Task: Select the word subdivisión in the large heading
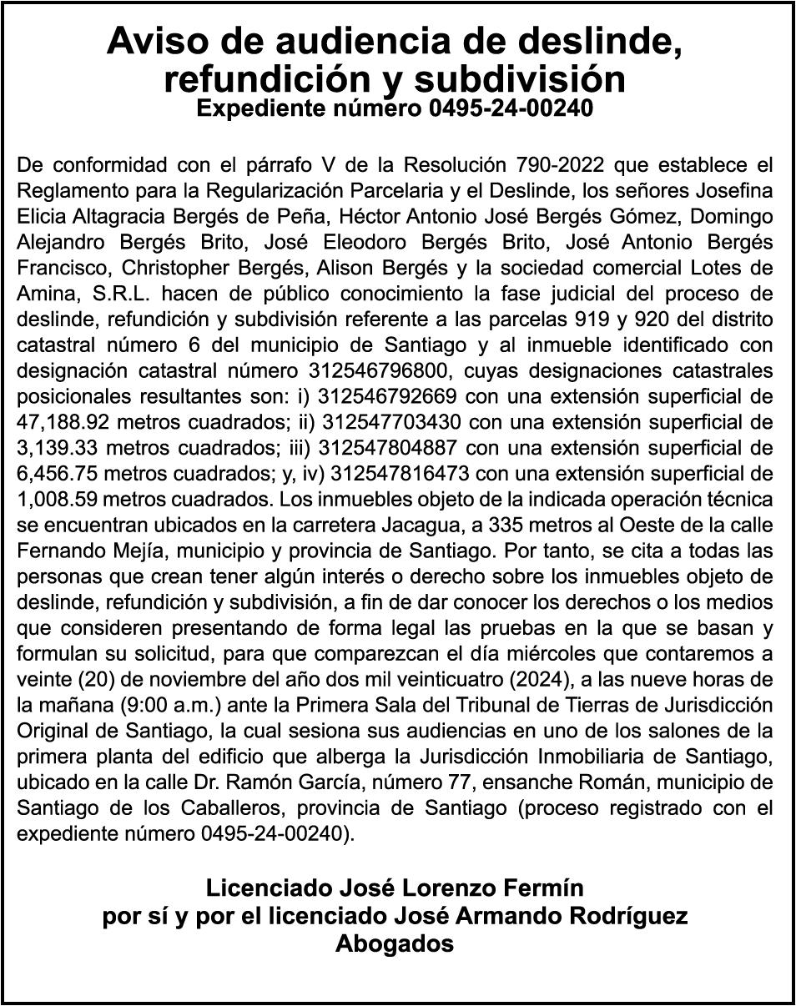click(521, 79)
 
